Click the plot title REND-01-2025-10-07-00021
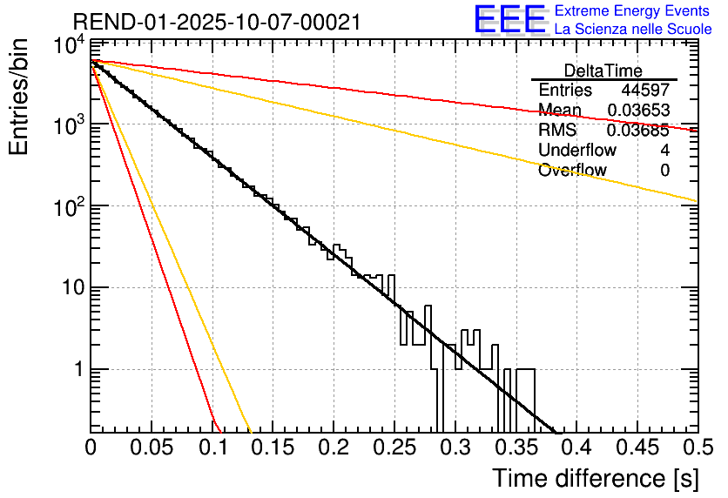[x=217, y=22]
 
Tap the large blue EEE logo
[x=509, y=21]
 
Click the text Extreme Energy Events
[x=633, y=11]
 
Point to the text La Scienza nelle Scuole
[x=633, y=30]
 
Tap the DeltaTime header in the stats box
[x=603, y=71]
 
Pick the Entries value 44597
[x=645, y=91]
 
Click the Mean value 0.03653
[x=638, y=111]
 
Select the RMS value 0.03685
[x=638, y=131]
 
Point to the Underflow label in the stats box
[x=577, y=151]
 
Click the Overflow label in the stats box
[x=572, y=171]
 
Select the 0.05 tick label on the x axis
[x=151, y=448]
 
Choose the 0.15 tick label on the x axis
[x=272, y=448]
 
